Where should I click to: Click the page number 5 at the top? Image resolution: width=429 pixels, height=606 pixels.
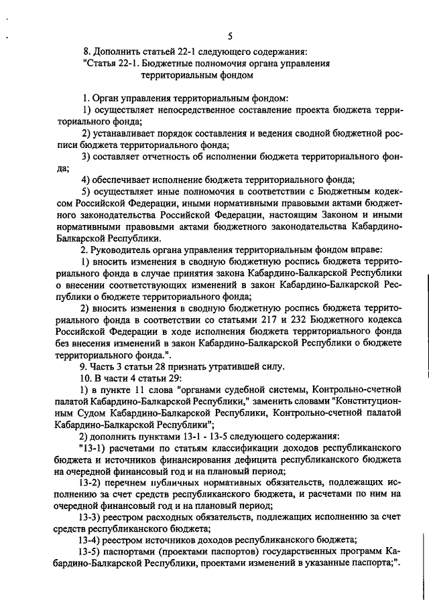click(230, 36)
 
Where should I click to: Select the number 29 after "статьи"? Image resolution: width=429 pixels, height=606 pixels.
click(178, 378)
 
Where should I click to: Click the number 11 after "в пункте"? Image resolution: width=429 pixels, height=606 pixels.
click(134, 390)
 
